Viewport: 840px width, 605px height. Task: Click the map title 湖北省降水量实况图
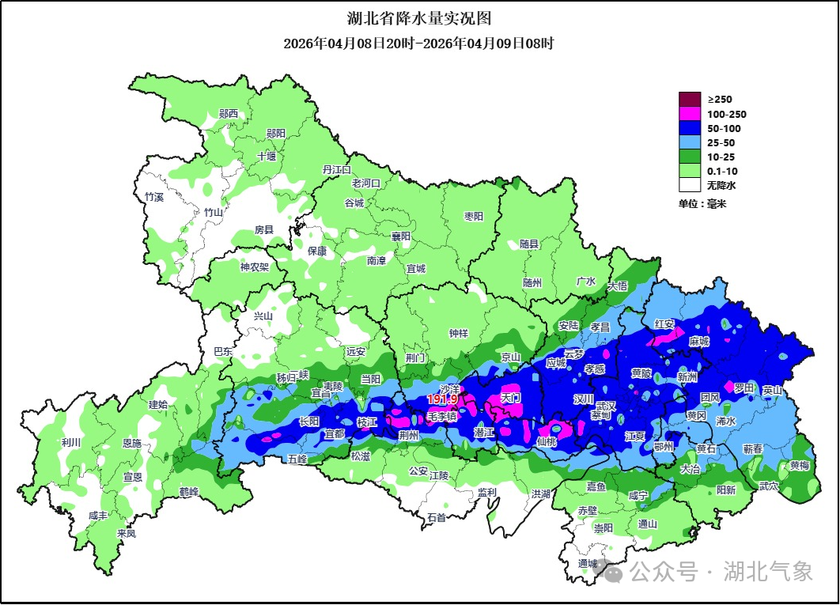coord(419,18)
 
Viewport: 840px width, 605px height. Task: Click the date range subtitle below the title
coord(419,43)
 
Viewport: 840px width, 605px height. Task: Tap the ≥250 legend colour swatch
coord(690,100)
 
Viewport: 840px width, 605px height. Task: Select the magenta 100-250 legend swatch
coord(690,114)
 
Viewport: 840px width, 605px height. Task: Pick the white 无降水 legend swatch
coord(690,185)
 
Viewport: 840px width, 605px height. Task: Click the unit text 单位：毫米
coord(702,204)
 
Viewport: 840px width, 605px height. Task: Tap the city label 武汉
coord(606,404)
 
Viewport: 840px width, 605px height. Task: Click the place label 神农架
coord(255,267)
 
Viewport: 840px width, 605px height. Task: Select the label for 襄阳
coord(401,236)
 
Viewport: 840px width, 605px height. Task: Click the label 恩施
coord(132,444)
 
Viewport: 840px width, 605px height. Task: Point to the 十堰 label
coord(267,157)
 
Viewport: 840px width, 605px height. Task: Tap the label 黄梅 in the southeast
coord(800,466)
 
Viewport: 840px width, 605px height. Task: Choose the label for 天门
coord(511,398)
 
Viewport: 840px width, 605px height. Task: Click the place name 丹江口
coord(337,169)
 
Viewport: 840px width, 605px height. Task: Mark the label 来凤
coord(127,533)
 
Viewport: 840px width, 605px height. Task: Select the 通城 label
coord(588,563)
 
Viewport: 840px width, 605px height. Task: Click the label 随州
coord(532,282)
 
